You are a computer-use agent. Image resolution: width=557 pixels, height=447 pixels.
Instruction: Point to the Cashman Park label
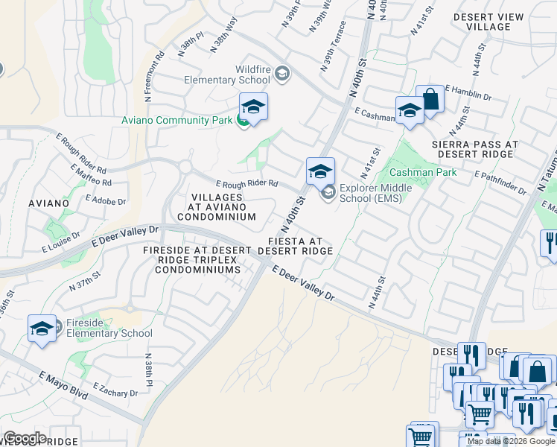click(423, 172)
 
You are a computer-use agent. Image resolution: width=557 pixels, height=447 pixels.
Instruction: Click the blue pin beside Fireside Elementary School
click(42, 329)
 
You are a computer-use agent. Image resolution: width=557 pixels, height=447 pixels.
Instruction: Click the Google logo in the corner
click(25, 438)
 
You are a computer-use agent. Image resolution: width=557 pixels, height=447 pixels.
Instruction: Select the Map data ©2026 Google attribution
click(511, 441)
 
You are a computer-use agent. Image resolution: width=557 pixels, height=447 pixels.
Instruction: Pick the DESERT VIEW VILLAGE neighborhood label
click(488, 20)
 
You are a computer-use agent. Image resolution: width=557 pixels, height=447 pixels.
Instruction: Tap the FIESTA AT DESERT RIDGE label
click(295, 247)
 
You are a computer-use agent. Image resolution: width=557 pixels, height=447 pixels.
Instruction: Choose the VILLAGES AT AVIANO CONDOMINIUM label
click(222, 206)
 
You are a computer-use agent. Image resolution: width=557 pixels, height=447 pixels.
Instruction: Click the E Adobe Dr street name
click(106, 200)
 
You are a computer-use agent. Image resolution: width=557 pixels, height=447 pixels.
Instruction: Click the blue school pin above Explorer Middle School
click(320, 171)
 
